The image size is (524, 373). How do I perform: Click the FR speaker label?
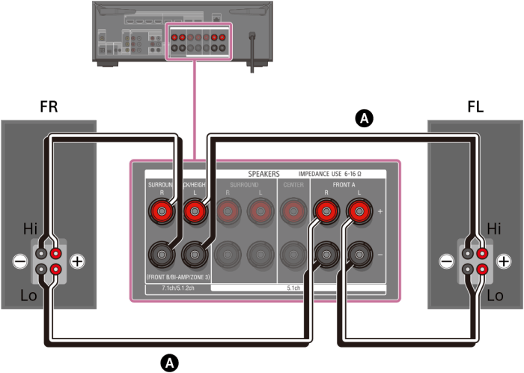click(x=49, y=107)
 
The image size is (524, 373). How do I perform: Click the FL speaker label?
click(x=475, y=107)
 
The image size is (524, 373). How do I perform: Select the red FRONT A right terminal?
click(x=326, y=213)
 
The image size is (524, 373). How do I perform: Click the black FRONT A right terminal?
click(x=326, y=254)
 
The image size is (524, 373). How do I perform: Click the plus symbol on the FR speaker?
click(x=76, y=261)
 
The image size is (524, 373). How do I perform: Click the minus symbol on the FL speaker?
click(x=446, y=261)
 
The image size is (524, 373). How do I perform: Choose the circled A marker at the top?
click(x=364, y=118)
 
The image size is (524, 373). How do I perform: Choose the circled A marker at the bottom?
click(x=171, y=363)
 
